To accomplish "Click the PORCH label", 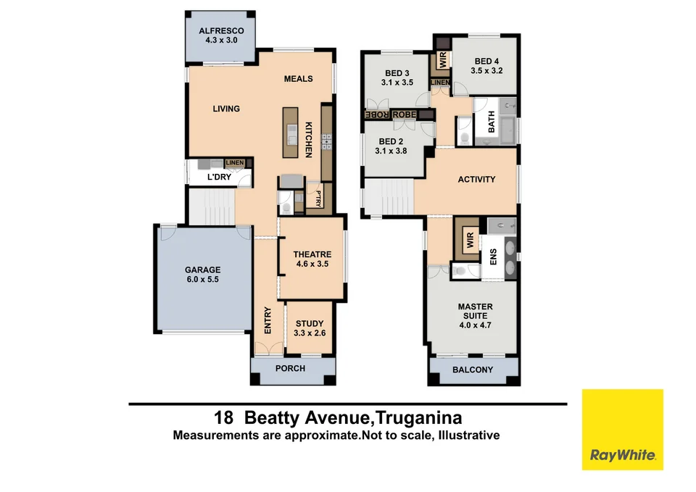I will tap(290, 368).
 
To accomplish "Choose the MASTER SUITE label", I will tap(475, 311).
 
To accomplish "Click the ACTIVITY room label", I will tap(476, 179).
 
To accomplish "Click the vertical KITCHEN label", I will tap(308, 140).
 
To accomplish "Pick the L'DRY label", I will tap(218, 178).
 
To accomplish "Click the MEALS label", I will tap(298, 78).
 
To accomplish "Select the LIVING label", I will tap(226, 109).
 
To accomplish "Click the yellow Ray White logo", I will tap(622, 430).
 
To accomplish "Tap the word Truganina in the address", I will tap(418, 418).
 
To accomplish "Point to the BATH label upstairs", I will tap(492, 125).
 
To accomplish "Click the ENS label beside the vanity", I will tap(493, 256).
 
